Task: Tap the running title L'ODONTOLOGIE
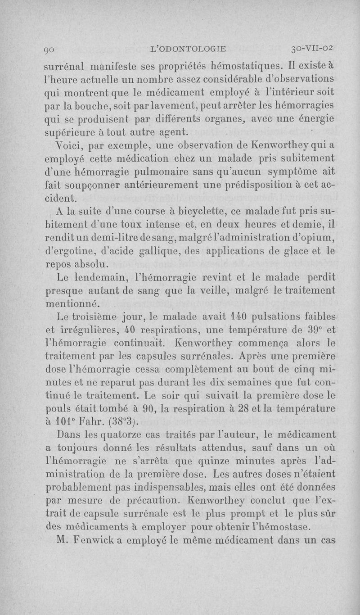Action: click(x=190, y=49)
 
